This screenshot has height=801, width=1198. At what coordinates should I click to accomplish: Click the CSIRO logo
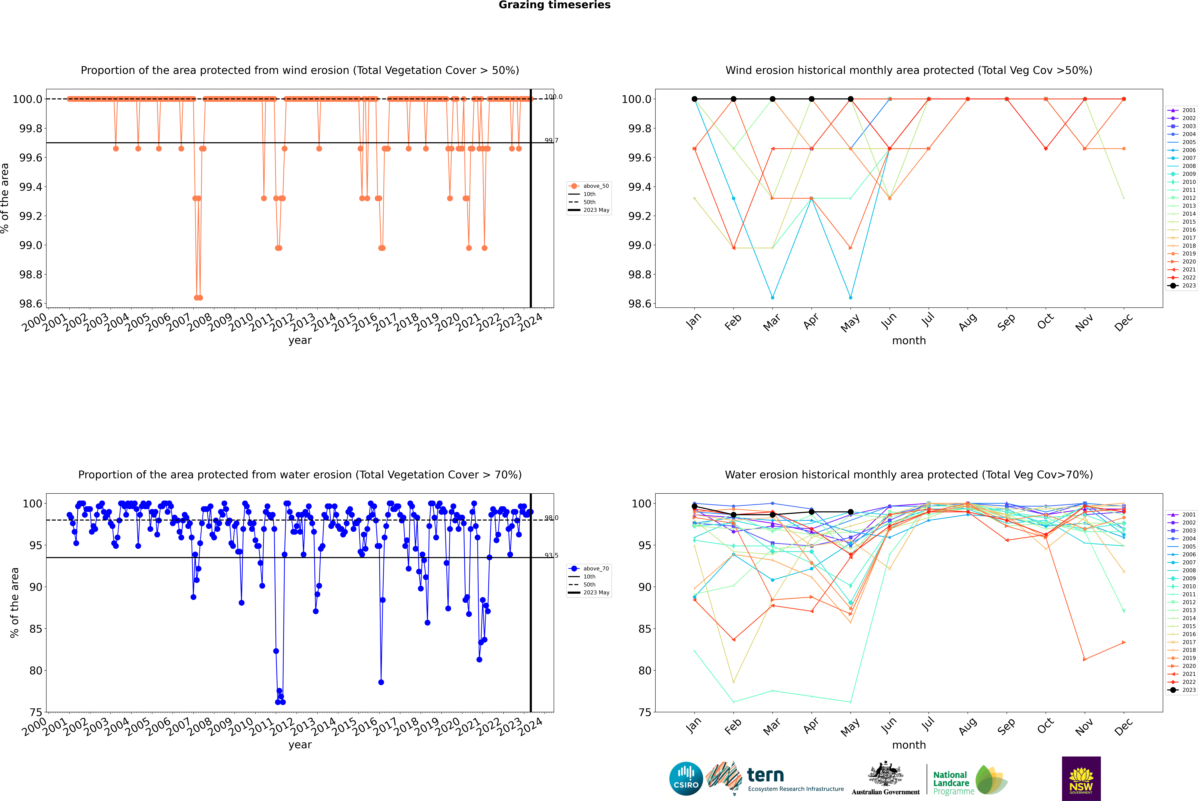[x=686, y=779]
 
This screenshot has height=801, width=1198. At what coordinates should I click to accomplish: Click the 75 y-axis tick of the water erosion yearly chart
[x=36, y=712]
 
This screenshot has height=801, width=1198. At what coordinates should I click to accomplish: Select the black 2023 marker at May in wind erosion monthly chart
[x=850, y=99]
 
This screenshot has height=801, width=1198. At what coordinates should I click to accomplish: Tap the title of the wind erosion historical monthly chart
[x=908, y=70]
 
